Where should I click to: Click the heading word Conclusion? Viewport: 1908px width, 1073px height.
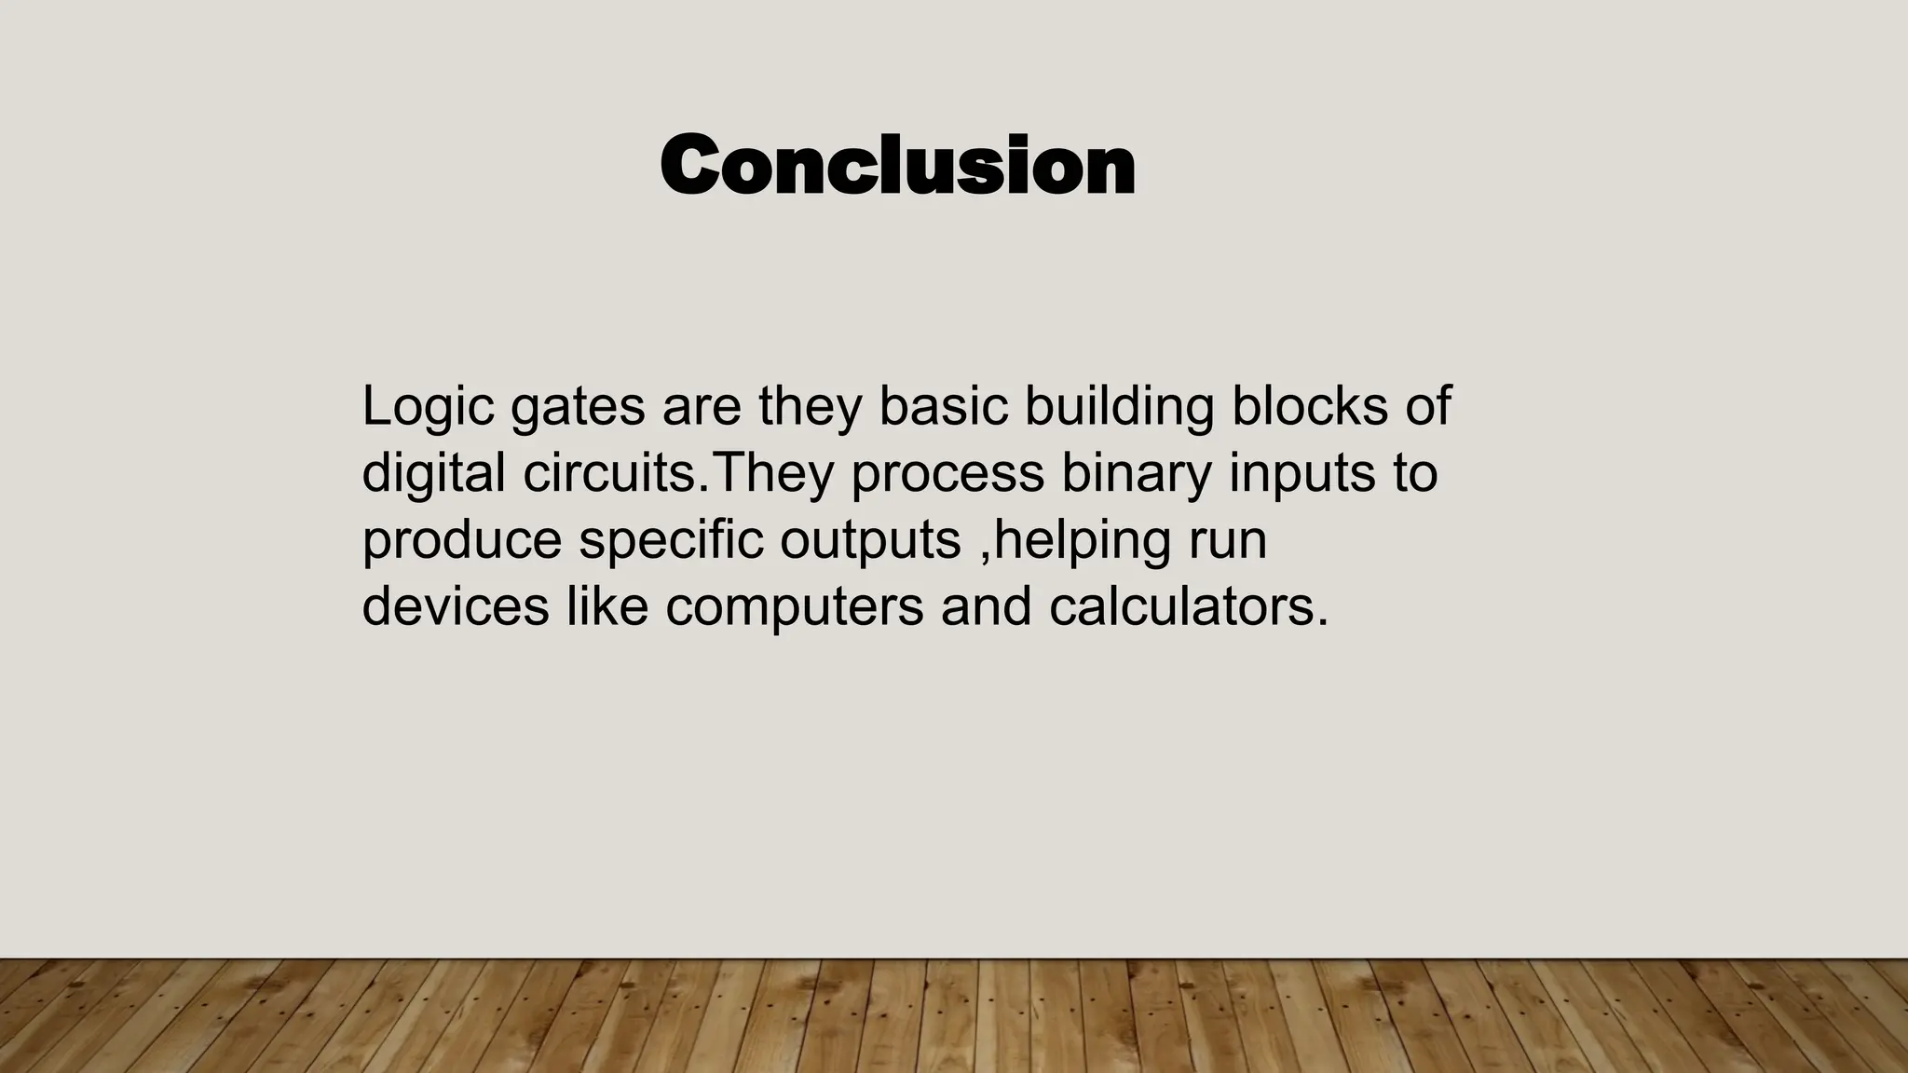[897, 165]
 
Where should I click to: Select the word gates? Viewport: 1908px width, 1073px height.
[578, 407]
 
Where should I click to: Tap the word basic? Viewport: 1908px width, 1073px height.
[943, 406]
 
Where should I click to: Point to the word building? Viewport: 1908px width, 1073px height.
[1119, 407]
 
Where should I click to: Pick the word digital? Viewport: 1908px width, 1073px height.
[433, 473]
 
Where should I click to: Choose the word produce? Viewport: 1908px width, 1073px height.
[461, 541]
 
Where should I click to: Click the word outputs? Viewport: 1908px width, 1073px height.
[870, 541]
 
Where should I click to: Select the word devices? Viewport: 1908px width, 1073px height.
[455, 606]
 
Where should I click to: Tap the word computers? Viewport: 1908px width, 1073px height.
[793, 608]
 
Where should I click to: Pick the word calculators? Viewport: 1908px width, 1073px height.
[1188, 606]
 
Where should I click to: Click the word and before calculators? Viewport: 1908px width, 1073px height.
[986, 606]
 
